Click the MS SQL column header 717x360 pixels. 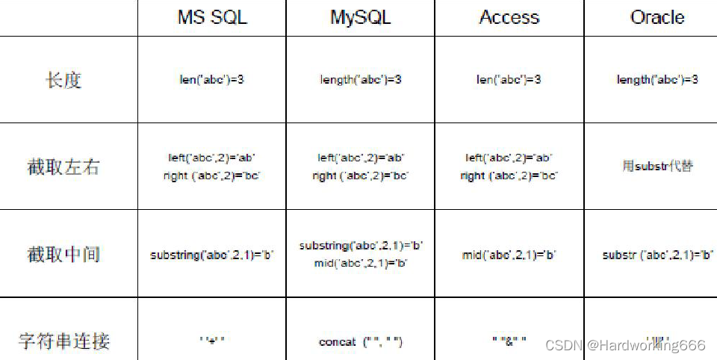(x=211, y=18)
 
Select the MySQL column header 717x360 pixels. (x=360, y=18)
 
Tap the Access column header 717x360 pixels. (x=509, y=18)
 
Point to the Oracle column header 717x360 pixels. (x=657, y=18)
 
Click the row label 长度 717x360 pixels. (x=63, y=80)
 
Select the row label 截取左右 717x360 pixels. (x=63, y=167)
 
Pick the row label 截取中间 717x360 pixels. (x=63, y=254)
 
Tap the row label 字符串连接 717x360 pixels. (x=64, y=341)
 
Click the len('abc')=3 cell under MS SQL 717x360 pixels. (x=211, y=80)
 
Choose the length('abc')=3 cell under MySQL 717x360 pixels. (x=361, y=80)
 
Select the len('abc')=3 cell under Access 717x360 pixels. (x=509, y=80)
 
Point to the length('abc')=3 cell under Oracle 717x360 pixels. (x=657, y=80)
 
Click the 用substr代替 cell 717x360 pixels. (x=657, y=166)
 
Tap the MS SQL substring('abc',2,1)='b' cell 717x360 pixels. (x=212, y=255)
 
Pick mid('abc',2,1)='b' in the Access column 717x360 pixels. (x=509, y=255)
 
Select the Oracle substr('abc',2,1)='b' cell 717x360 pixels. (x=657, y=255)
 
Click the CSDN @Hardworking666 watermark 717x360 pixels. (x=625, y=345)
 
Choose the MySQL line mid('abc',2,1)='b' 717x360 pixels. (x=361, y=263)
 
